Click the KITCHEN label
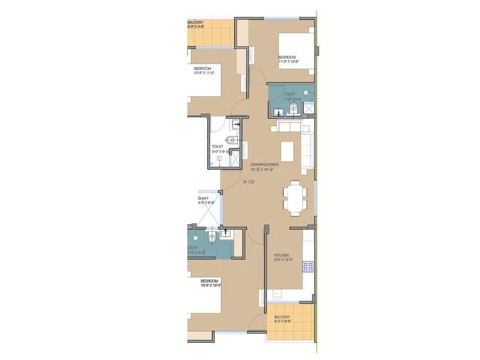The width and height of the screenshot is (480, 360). pos(281,255)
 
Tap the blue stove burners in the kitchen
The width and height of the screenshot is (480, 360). pos(309,266)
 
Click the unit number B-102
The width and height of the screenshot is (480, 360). pos(250,181)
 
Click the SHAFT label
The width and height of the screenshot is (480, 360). pos(203,198)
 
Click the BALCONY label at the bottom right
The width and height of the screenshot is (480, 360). pos(282,317)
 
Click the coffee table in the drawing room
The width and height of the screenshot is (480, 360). pos(287,148)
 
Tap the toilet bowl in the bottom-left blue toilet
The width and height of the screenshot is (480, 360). pos(208,240)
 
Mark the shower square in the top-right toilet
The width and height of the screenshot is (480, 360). pos(310,109)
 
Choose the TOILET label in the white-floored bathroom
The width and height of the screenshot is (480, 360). pos(217,146)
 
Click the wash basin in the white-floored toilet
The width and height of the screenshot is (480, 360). pos(236,124)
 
